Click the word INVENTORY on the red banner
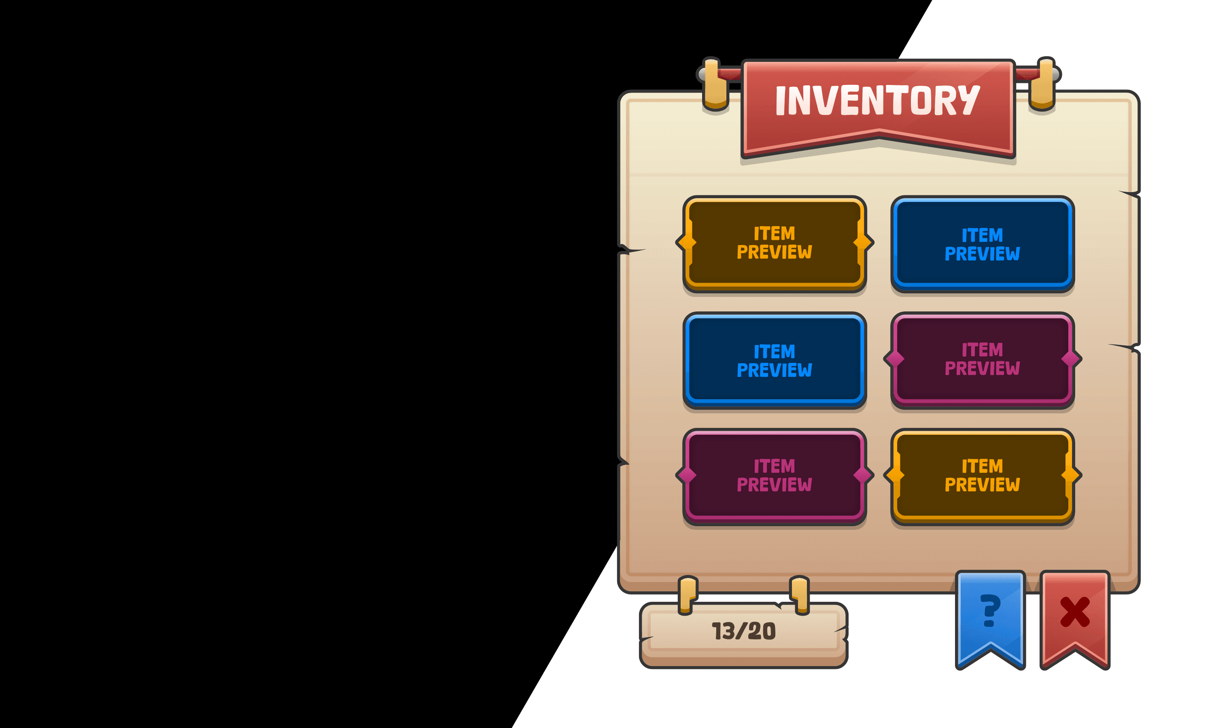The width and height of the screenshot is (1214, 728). click(x=877, y=101)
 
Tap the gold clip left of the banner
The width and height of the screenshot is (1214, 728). click(x=715, y=85)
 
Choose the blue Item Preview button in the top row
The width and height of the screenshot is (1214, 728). click(x=983, y=244)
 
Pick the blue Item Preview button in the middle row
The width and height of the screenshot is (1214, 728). click(x=775, y=360)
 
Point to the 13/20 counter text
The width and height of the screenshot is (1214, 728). click(x=743, y=631)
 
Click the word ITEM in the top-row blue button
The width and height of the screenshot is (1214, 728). click(x=983, y=235)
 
